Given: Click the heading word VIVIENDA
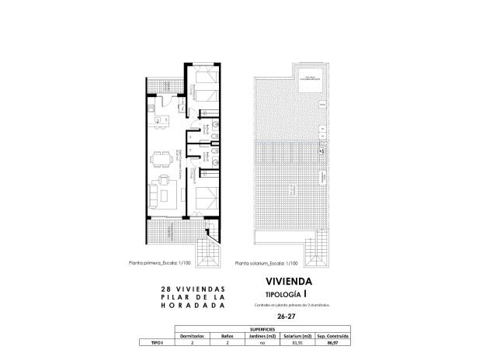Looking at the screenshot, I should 289,282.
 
